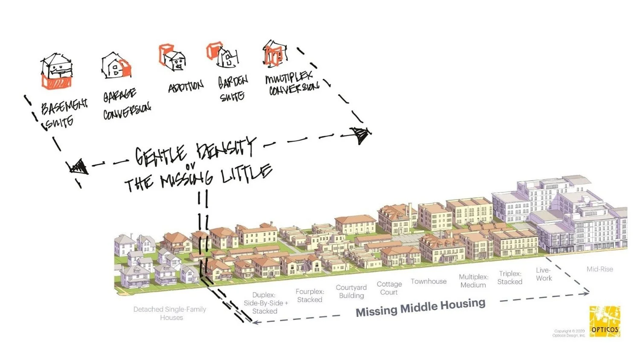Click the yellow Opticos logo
[x=605, y=322]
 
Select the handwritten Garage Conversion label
[x=125, y=104]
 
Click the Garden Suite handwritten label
[x=233, y=88]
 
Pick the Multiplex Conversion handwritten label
[x=292, y=84]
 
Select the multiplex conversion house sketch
[x=273, y=54]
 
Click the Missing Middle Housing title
[x=420, y=307]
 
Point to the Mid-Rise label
[x=599, y=269]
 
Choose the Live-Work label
[x=544, y=274]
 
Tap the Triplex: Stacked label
[x=509, y=278]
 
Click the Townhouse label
[x=428, y=282]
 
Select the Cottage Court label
[x=389, y=288]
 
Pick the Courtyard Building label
[x=351, y=291]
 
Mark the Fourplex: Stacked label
[x=310, y=296]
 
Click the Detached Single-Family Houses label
[x=170, y=314]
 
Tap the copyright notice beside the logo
[x=569, y=333]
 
